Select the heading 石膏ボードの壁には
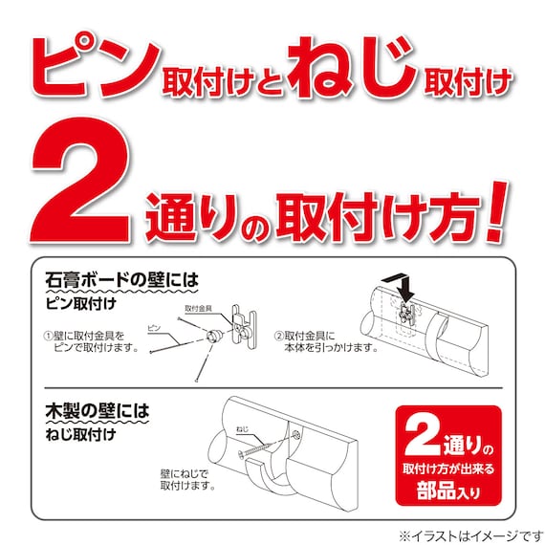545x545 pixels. point(124,281)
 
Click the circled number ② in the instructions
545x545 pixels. point(278,336)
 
